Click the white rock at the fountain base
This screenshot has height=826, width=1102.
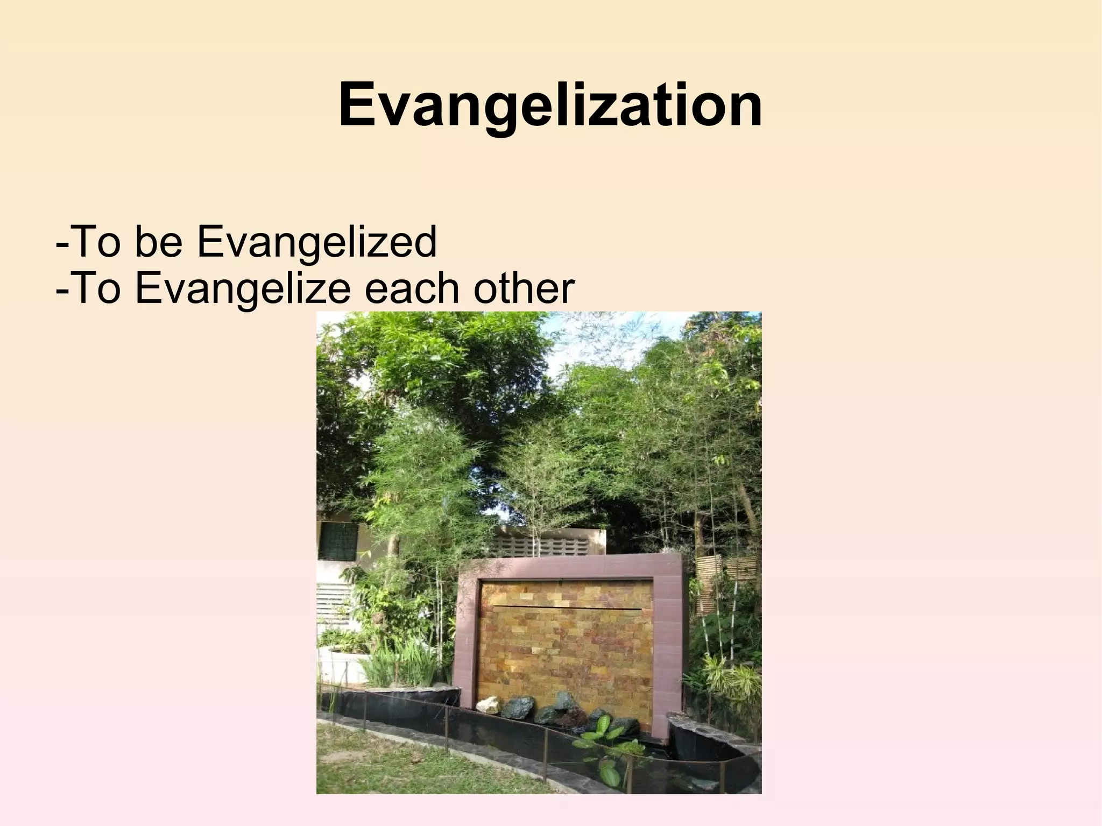(489, 705)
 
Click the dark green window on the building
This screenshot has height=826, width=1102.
(338, 540)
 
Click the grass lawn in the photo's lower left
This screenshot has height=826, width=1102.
(387, 764)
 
